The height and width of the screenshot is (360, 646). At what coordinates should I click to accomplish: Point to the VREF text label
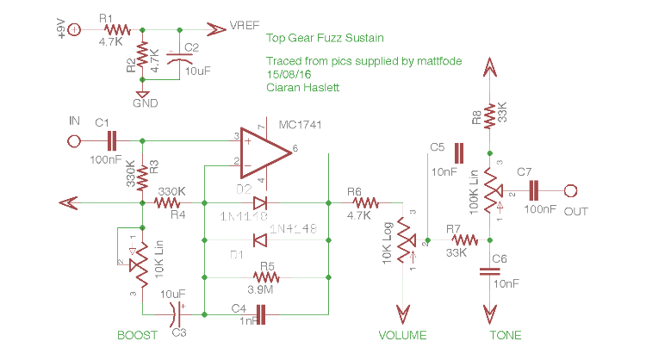(246, 28)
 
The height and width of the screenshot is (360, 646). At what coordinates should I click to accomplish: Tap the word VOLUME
(402, 335)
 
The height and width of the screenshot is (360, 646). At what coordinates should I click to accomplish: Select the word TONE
(505, 335)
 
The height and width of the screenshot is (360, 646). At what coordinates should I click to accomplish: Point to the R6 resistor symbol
(364, 203)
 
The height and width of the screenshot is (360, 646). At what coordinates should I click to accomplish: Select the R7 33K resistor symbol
(463, 240)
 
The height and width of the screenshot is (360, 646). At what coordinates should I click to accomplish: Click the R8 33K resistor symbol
(489, 115)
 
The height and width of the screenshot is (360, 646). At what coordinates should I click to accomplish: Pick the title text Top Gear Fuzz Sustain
(325, 39)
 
